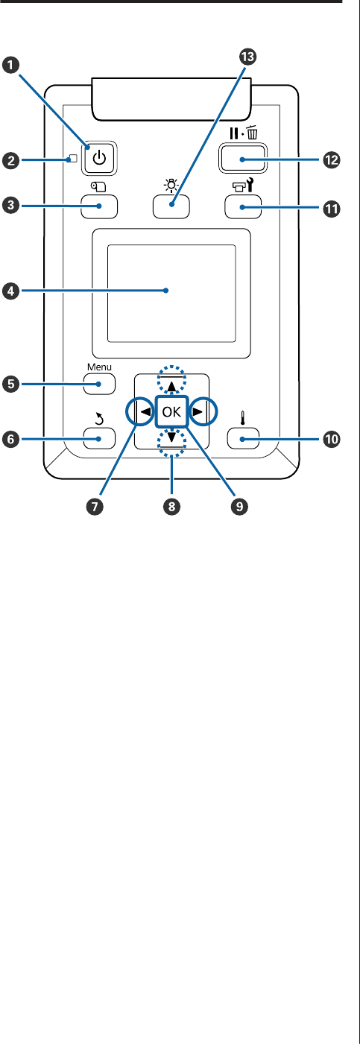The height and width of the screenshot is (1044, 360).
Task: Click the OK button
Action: (171, 411)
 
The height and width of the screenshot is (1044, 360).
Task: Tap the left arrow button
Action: (145, 411)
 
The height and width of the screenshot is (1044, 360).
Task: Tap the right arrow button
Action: (198, 411)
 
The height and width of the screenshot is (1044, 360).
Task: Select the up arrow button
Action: (171, 386)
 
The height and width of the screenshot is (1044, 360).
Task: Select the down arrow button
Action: (171, 437)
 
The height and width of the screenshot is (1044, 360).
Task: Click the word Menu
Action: (99, 367)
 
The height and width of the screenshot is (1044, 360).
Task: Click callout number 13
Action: (247, 57)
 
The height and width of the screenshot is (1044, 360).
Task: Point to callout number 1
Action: (10, 65)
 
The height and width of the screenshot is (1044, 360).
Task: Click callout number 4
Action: (10, 292)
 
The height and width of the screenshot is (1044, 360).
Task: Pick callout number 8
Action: (171, 506)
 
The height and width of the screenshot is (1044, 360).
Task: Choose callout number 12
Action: (332, 160)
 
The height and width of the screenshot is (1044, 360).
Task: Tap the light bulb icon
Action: (171, 186)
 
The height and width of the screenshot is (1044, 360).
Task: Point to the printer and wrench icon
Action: (243, 187)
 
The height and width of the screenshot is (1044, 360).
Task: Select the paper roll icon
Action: (99, 187)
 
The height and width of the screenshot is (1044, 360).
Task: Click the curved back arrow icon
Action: (99, 420)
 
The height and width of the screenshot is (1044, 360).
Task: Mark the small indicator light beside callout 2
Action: (72, 159)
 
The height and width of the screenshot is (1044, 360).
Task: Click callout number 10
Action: (332, 439)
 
